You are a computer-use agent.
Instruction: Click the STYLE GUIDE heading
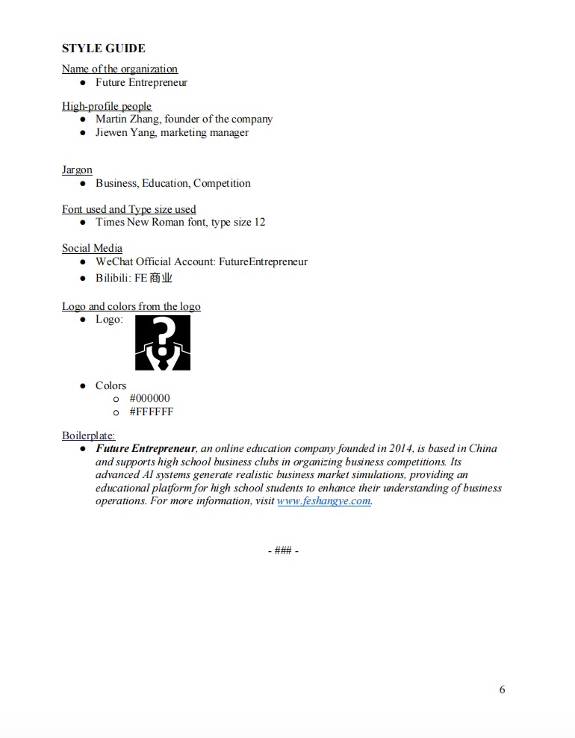point(103,49)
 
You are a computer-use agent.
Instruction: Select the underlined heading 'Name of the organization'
point(119,69)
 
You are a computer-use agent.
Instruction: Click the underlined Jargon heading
point(77,170)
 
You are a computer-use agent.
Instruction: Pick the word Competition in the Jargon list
point(222,183)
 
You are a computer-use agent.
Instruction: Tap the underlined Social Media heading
point(92,248)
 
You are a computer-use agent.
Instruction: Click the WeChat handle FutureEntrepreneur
point(263,261)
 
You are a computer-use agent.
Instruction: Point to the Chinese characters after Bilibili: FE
point(161,278)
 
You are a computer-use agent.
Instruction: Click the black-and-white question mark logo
point(163,343)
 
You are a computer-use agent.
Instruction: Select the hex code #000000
point(149,398)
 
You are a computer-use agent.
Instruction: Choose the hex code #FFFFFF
point(151,412)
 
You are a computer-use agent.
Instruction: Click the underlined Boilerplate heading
point(88,435)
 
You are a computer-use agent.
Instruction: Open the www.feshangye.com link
point(323,500)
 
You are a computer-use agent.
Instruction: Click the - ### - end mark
point(283,551)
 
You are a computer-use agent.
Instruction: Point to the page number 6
point(502,689)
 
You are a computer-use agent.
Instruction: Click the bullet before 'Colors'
point(84,385)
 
